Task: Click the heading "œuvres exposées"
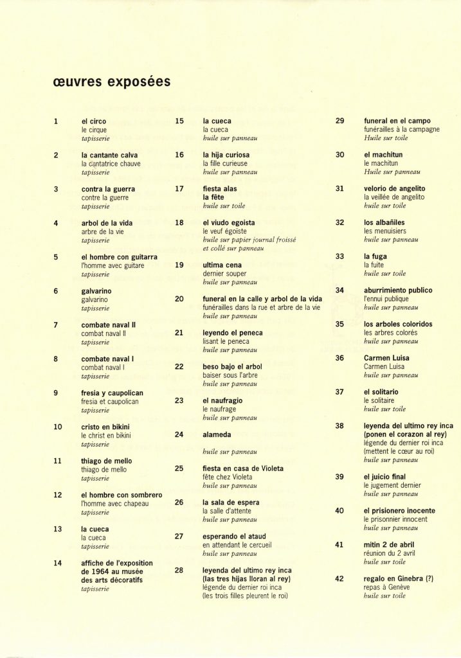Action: tap(107, 82)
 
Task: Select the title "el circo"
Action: tap(94, 121)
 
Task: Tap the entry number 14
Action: tap(57, 563)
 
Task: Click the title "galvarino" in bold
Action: tap(98, 290)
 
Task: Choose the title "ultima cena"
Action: tap(222, 265)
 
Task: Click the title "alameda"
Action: tap(217, 434)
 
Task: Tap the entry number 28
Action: tap(179, 570)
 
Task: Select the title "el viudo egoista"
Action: tap(228, 222)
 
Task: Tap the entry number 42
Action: tap(339, 578)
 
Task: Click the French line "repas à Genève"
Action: tap(386, 587)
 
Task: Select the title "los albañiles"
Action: tap(384, 222)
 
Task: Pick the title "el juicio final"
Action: tap(384, 477)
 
